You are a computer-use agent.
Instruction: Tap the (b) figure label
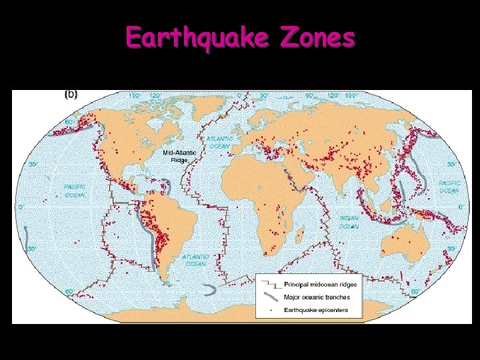(x=70, y=94)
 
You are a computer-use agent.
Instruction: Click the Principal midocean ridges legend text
(x=320, y=285)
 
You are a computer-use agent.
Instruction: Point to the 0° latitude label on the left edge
(x=21, y=207)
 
